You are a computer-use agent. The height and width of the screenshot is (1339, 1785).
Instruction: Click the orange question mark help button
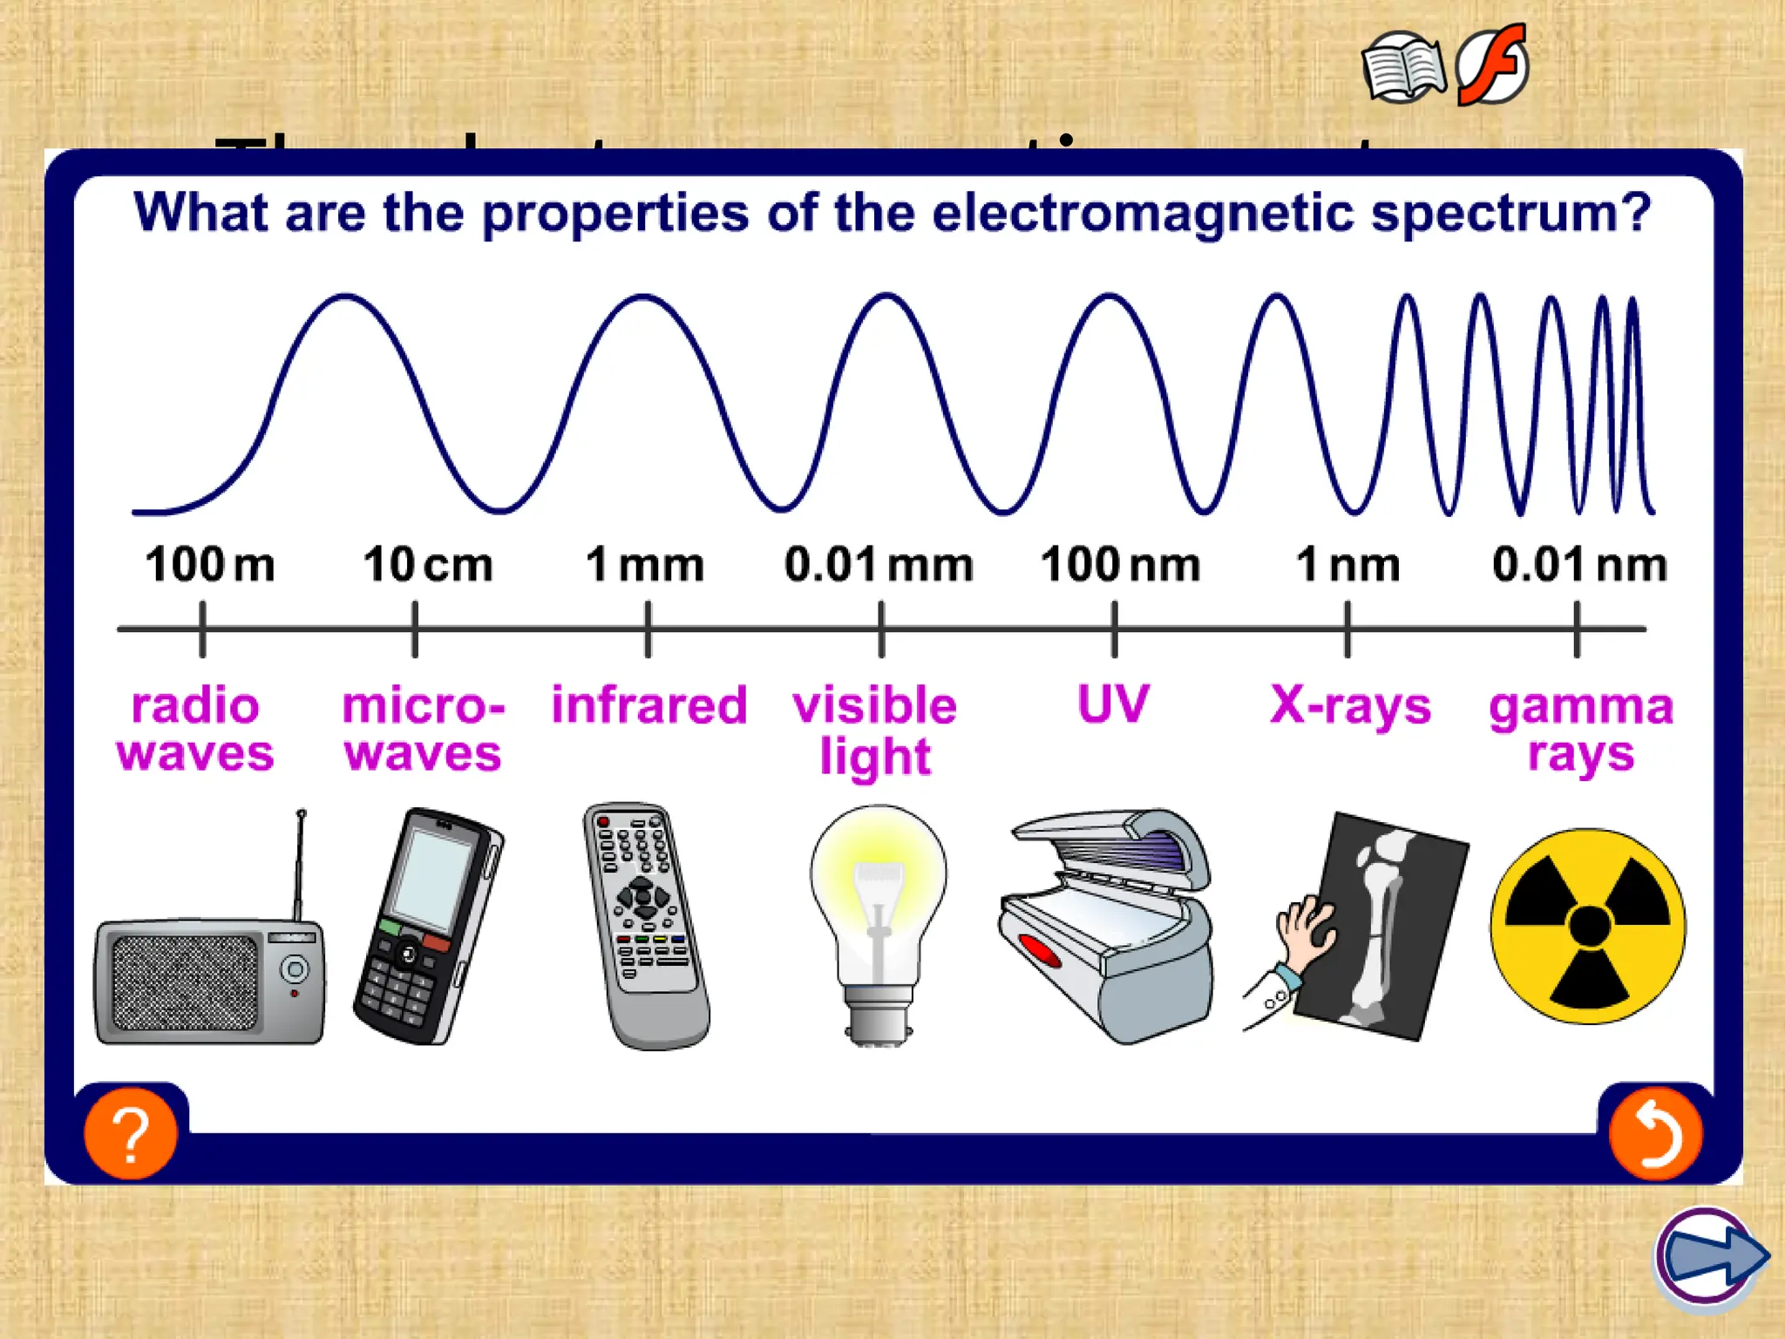(x=131, y=1133)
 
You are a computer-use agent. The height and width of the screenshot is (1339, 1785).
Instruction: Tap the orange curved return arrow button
(x=1654, y=1133)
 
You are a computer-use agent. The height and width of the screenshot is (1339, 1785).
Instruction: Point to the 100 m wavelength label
(x=210, y=564)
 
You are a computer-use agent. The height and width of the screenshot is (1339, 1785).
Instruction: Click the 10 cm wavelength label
(x=428, y=564)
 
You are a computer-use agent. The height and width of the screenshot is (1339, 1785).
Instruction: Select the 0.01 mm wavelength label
(x=879, y=564)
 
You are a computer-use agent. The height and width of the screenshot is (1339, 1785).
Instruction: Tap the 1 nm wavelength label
(x=1348, y=564)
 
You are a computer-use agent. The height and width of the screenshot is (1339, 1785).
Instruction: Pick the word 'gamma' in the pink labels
(x=1581, y=706)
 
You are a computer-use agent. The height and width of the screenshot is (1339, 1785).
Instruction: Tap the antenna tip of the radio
(x=302, y=814)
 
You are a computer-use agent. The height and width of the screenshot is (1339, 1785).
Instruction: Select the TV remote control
(x=645, y=924)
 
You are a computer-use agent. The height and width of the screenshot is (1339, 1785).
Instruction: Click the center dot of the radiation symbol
(x=1589, y=926)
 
